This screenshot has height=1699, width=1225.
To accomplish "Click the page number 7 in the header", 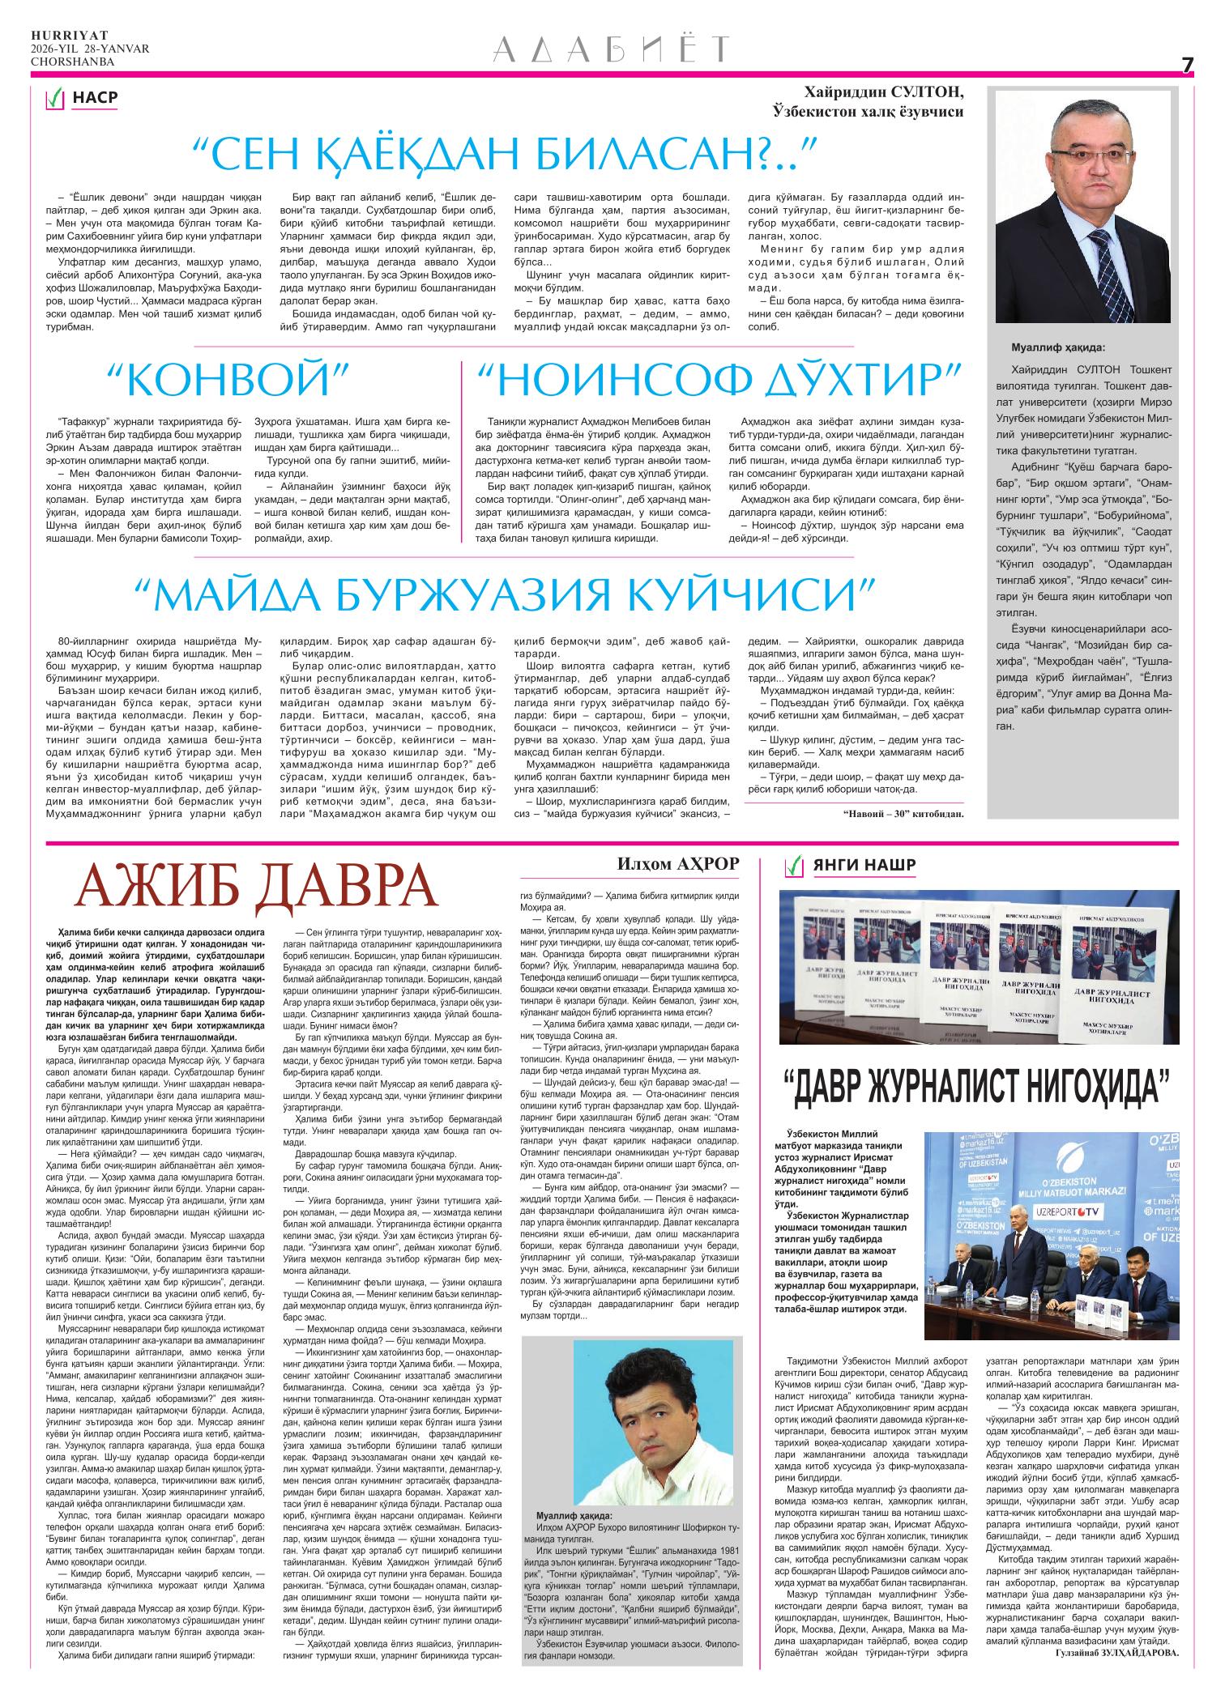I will click(1187, 66).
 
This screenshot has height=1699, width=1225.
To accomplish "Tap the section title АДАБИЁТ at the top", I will click(612, 49).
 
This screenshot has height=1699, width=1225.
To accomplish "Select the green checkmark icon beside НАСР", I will click(55, 99).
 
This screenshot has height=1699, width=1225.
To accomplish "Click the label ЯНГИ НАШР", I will click(864, 866).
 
